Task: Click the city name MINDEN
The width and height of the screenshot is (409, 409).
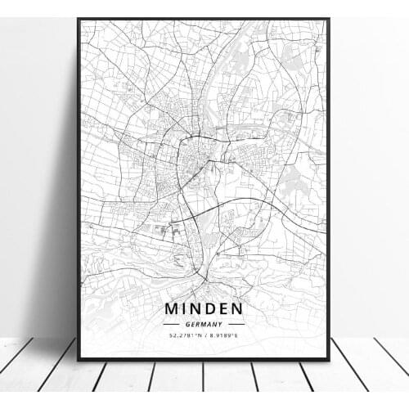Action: tap(203, 309)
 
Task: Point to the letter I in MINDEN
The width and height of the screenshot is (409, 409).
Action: tap(184, 309)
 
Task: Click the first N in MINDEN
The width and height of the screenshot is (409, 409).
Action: tap(196, 309)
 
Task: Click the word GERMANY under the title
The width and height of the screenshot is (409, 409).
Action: tap(204, 324)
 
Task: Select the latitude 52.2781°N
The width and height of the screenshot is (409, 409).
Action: tap(184, 335)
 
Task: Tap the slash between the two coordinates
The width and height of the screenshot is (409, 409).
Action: tap(204, 335)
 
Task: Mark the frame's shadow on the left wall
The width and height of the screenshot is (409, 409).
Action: tap(57, 204)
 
